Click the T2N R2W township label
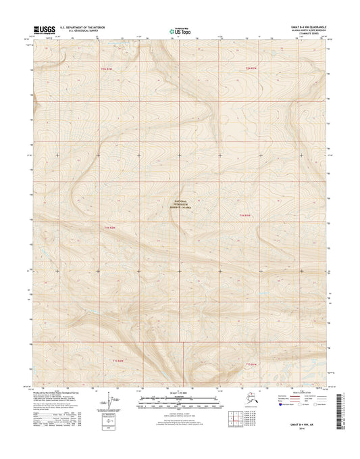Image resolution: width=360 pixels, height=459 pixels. pyautogui.click(x=105, y=69)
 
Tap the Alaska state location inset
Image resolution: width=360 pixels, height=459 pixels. pyautogui.click(x=234, y=402)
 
